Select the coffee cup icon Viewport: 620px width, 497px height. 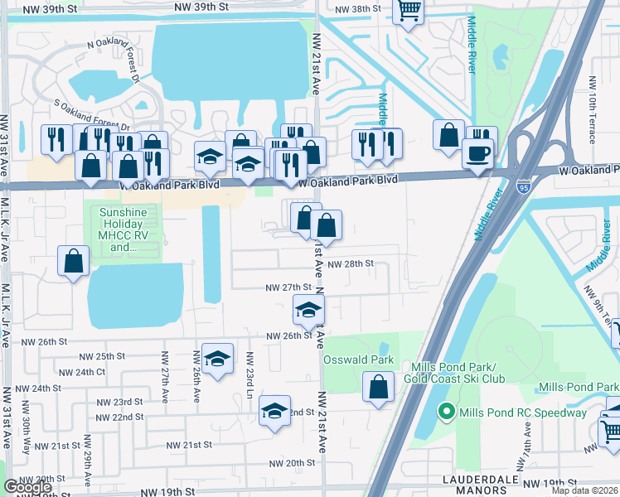tap(477, 154)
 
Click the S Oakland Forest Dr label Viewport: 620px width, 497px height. tap(92, 114)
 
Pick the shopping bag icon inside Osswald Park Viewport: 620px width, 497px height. tap(379, 387)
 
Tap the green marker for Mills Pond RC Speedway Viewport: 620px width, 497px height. tap(446, 412)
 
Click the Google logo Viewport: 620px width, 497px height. tap(27, 487)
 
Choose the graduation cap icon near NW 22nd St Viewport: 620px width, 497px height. tap(274, 410)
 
